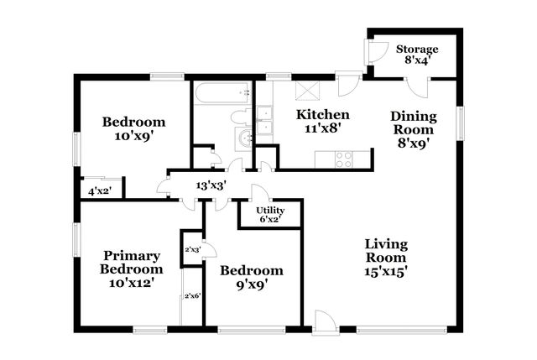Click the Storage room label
417,49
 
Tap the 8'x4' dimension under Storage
417,61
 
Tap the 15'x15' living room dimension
386,272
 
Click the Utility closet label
269,210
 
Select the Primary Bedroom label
131,262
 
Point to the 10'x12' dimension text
131,283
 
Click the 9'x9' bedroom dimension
251,284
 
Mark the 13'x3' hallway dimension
211,185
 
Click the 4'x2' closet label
100,191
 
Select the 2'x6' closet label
192,295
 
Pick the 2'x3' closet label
192,249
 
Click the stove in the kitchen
343,158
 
